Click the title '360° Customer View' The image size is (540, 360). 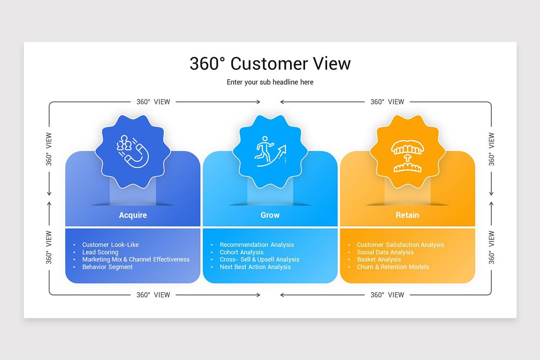pyautogui.click(x=270, y=63)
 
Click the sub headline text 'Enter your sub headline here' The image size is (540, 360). pyautogui.click(x=270, y=82)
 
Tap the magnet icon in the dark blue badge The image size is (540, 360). pyautogui.click(x=133, y=151)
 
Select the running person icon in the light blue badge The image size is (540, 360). pyautogui.click(x=270, y=151)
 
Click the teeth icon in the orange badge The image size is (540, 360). pyautogui.click(x=407, y=156)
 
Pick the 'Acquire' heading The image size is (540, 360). pyautogui.click(x=133, y=215)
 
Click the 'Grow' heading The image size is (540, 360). pyautogui.click(x=270, y=215)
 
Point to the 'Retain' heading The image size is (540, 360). pyautogui.click(x=407, y=215)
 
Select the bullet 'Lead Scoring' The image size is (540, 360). pyautogui.click(x=100, y=252)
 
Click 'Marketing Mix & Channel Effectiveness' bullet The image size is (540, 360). pyautogui.click(x=135, y=260)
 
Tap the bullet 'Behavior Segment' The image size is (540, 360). pyautogui.click(x=107, y=267)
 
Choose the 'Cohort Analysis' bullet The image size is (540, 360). pyautogui.click(x=241, y=252)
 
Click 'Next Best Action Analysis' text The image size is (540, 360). pyautogui.click(x=255, y=267)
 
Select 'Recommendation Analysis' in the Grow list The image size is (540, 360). pyautogui.click(x=256, y=245)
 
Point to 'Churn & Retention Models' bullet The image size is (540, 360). pyautogui.click(x=393, y=267)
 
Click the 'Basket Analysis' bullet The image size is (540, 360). pyautogui.click(x=379, y=260)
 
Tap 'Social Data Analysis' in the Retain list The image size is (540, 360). pyautogui.click(x=385, y=252)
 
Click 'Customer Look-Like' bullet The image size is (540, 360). pyautogui.click(x=110, y=245)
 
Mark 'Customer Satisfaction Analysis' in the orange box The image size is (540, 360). pyautogui.click(x=400, y=245)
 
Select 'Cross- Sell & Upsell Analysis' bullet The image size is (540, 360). pyautogui.click(x=259, y=260)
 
